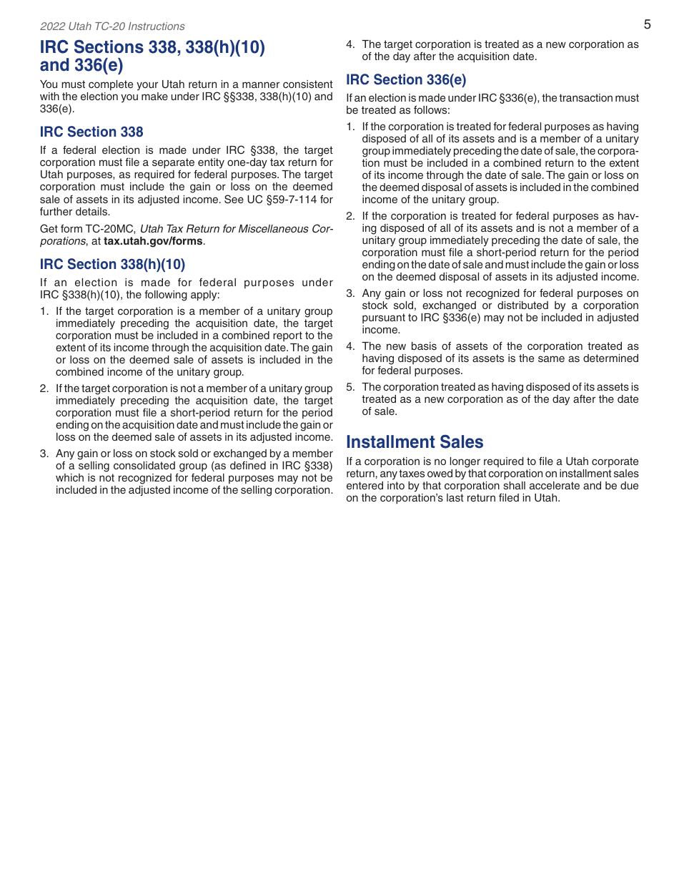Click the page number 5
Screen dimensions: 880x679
647,24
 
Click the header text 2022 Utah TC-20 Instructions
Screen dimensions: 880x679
112,26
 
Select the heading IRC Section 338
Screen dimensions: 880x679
91,132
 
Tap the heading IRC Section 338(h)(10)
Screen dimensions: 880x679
112,264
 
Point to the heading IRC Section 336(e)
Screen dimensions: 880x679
406,79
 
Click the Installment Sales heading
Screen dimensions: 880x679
415,442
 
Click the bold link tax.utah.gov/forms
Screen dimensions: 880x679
153,241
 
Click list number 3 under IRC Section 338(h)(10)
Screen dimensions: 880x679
44,454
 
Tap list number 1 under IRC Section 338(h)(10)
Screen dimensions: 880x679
44,311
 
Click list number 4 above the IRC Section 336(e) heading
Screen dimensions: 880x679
350,44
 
